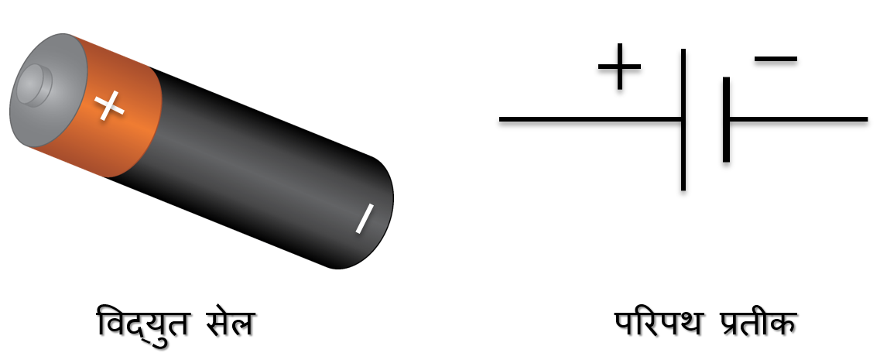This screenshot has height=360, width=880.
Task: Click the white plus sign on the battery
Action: pos(110,105)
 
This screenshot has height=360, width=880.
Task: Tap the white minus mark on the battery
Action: pos(364,218)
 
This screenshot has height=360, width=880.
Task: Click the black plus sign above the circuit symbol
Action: pos(619,66)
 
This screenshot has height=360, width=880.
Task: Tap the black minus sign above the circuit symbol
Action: pos(776,59)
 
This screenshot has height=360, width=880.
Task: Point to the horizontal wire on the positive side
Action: pos(588,119)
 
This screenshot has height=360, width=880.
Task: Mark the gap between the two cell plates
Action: pos(704,119)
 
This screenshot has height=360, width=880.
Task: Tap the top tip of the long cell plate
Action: pos(683,52)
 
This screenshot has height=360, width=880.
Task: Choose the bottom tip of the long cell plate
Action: pos(683,187)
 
